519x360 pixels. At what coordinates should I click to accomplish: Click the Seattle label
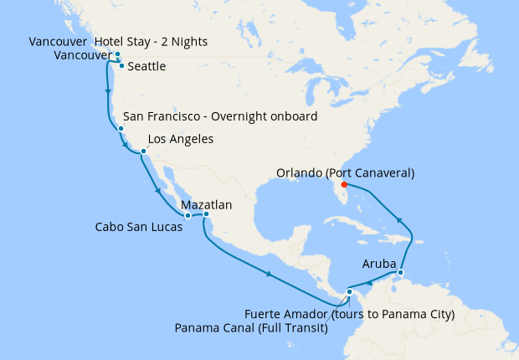point(147,66)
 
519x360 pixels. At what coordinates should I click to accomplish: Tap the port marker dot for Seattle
point(122,65)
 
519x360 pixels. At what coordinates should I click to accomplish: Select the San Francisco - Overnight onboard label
point(219,116)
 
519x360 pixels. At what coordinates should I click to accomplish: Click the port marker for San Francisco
point(121,129)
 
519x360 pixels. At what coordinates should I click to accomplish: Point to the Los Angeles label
point(180,139)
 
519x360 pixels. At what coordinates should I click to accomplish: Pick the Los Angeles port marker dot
point(144,152)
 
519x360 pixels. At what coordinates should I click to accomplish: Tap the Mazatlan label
point(206,204)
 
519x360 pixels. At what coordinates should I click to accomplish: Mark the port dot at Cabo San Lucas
point(188,216)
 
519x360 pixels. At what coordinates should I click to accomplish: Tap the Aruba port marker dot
point(400,273)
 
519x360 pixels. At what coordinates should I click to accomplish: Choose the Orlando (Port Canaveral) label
point(346,173)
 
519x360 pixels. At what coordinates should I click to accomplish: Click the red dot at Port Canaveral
point(344,184)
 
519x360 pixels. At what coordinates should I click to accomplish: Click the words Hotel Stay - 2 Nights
point(152,42)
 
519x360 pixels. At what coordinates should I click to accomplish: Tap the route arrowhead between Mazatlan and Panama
point(268,275)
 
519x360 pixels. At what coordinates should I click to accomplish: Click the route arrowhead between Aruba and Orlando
point(399,220)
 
